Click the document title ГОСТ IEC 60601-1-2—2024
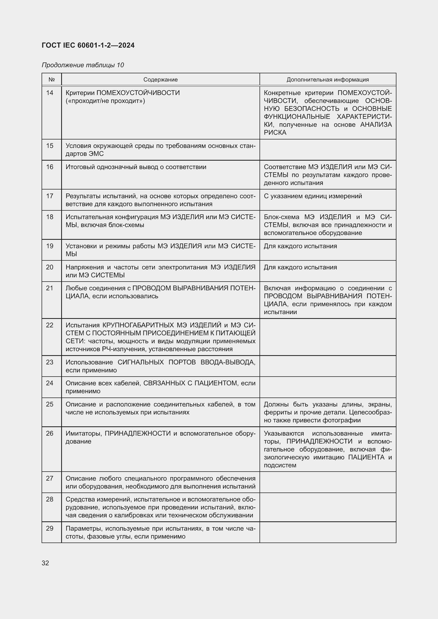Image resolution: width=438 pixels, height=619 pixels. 88,45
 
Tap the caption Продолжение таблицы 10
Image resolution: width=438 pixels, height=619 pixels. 83,65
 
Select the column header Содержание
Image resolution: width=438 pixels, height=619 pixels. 160,80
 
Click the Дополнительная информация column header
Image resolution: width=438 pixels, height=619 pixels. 327,80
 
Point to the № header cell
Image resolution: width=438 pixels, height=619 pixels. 52,80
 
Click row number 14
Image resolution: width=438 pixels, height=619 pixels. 50,93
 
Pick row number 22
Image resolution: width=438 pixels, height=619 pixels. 50,325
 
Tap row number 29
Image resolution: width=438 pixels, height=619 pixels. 50,528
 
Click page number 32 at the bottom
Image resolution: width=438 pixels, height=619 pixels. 45,563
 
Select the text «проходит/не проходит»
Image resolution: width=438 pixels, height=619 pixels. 105,101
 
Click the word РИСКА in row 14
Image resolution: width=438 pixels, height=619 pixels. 275,132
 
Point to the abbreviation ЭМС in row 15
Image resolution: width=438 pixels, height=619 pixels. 96,154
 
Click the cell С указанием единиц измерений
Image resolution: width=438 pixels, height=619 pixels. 312,196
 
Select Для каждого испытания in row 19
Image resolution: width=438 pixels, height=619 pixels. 300,246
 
